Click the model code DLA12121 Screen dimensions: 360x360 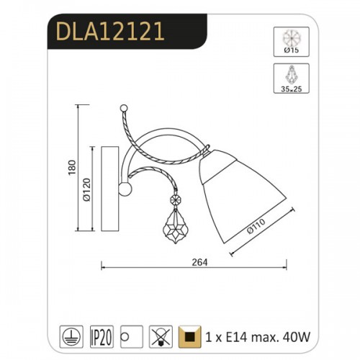[110, 31]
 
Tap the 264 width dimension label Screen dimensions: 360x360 [199, 262]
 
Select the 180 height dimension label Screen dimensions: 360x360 [72, 168]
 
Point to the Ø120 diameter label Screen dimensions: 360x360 [86, 190]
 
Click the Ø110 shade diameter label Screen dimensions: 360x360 [256, 226]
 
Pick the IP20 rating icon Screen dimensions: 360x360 [102, 337]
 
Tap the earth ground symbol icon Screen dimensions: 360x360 [71, 337]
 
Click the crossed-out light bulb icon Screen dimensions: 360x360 [161, 337]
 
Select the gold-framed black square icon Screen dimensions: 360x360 [190, 337]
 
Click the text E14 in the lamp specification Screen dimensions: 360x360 [236, 337]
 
